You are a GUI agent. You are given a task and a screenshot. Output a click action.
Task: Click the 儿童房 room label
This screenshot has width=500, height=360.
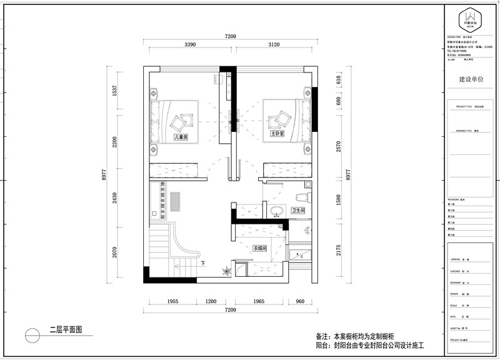tap(181, 136)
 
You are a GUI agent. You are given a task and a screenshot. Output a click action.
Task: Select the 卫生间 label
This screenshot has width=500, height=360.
tap(298, 211)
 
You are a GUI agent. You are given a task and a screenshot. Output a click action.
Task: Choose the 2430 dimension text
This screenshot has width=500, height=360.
tap(114, 198)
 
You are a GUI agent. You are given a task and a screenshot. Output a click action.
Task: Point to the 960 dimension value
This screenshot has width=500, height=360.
tap(299, 302)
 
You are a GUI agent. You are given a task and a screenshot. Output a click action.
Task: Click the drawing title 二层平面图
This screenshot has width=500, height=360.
tap(66, 329)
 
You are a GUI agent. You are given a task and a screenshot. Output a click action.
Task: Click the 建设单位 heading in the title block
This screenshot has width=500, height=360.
tap(471, 80)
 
